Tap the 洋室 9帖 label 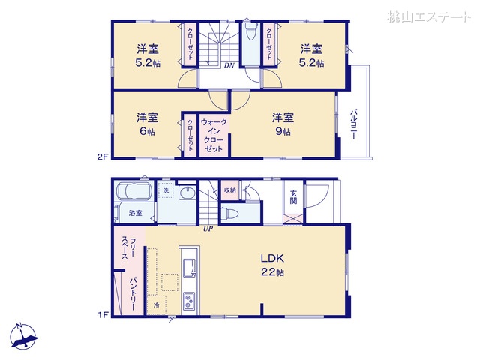coord(282,124)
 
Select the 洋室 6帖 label coord(147,124)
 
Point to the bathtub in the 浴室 coord(133,193)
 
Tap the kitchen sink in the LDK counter coord(188,266)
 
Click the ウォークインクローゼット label coord(214,135)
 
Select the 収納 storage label coord(229,190)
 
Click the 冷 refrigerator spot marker coord(157,305)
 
